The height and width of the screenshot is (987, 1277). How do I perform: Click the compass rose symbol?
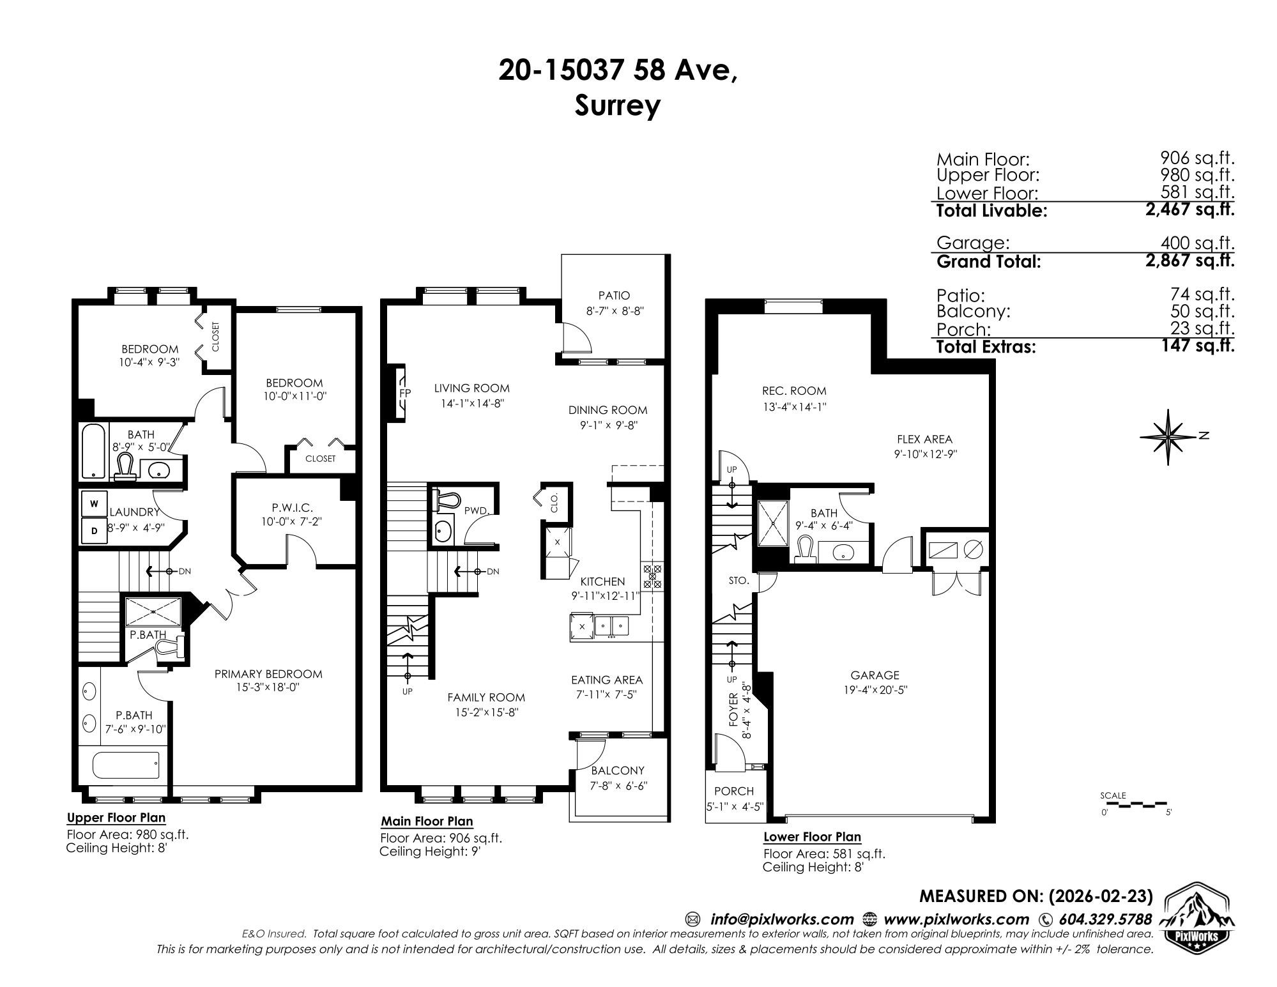pyautogui.click(x=1168, y=437)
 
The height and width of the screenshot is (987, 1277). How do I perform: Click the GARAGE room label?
pyautogui.click(x=875, y=675)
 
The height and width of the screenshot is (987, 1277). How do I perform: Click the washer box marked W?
pyautogui.click(x=95, y=503)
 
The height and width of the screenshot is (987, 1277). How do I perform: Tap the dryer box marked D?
pyautogui.click(x=95, y=530)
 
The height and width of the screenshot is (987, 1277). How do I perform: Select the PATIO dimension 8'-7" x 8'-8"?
pyautogui.click(x=614, y=312)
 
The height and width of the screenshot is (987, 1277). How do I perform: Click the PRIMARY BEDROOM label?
pyautogui.click(x=268, y=673)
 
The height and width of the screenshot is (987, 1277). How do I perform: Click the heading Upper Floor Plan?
pyautogui.click(x=116, y=818)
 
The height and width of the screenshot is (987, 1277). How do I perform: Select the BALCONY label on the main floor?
pyautogui.click(x=617, y=770)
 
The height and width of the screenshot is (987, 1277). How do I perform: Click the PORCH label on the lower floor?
pyautogui.click(x=734, y=791)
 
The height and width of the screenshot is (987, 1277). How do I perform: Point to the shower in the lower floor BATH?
pyautogui.click(x=773, y=523)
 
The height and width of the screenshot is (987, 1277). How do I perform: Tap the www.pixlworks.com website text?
pyautogui.click(x=956, y=919)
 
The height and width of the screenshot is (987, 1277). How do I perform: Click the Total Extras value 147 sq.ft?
pyautogui.click(x=1197, y=346)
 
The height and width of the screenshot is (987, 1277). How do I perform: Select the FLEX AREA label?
pyautogui.click(x=924, y=439)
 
